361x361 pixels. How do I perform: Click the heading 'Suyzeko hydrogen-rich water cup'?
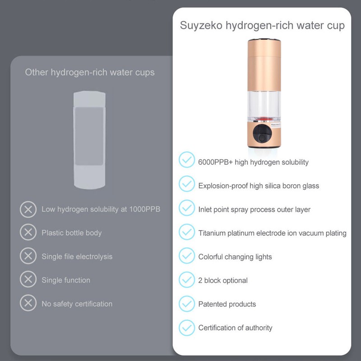click(262, 25)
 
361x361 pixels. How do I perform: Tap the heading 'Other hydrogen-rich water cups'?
click(89, 72)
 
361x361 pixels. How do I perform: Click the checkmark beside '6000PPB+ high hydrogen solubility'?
click(186, 161)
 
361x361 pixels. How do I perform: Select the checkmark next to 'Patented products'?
click(186, 304)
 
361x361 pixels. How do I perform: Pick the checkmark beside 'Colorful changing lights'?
click(186, 256)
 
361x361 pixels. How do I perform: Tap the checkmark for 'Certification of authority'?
click(186, 327)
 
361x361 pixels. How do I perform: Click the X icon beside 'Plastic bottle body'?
click(28, 232)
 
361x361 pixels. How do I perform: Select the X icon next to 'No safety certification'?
click(28, 303)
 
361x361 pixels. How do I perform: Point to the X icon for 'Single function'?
click(28, 280)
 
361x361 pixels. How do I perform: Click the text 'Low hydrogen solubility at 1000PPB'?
click(101, 209)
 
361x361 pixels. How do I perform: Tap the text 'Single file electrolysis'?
click(77, 256)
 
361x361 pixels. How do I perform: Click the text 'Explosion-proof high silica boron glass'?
click(259, 185)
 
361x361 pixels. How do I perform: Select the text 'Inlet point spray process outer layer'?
click(254, 209)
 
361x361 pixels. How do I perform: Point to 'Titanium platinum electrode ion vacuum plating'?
click(272, 233)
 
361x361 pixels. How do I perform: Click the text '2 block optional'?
click(223, 280)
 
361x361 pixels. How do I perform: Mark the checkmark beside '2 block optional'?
click(186, 280)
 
